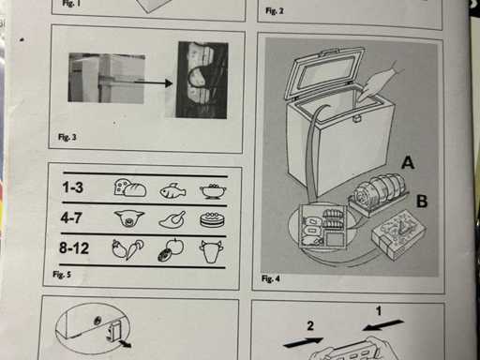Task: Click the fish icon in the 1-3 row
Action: [x=172, y=190]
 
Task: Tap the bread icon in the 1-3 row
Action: [x=130, y=187]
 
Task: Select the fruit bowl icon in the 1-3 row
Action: [x=213, y=191]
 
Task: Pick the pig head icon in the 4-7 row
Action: [x=129, y=217]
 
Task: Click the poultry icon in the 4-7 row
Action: [x=172, y=219]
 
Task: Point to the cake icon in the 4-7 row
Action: [x=212, y=219]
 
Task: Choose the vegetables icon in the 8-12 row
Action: [x=127, y=249]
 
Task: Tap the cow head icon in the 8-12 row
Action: [x=211, y=251]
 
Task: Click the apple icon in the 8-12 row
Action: [x=171, y=250]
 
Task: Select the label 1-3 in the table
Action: [x=73, y=187]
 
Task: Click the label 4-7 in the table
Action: [x=71, y=217]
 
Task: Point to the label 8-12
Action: [x=74, y=248]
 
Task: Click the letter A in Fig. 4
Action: [x=408, y=162]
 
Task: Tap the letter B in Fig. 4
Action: [x=422, y=202]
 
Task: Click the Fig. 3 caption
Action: [x=67, y=137]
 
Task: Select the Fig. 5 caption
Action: [x=62, y=275]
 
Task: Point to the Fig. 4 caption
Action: [x=271, y=278]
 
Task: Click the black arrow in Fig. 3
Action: [x=153, y=82]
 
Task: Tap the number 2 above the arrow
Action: [x=310, y=326]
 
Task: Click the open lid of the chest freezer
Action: [x=325, y=73]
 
